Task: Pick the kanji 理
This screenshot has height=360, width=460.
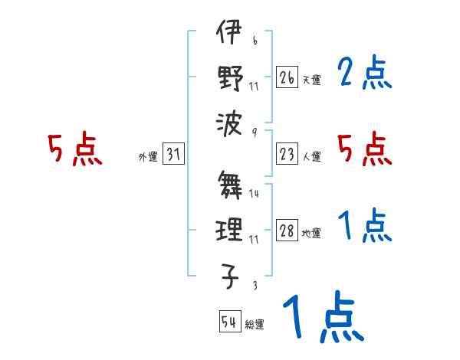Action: (229, 229)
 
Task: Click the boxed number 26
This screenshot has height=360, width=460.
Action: (287, 77)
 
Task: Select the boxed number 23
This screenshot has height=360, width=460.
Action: (287, 155)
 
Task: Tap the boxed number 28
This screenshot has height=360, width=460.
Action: (287, 231)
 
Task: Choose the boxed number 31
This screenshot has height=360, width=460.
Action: (173, 155)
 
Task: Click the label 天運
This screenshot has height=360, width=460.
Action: (311, 80)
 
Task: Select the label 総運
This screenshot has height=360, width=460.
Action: (255, 324)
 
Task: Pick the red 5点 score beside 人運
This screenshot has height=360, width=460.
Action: (364, 149)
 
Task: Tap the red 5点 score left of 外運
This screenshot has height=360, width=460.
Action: (74, 150)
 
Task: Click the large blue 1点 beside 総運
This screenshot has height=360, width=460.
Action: (322, 316)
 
